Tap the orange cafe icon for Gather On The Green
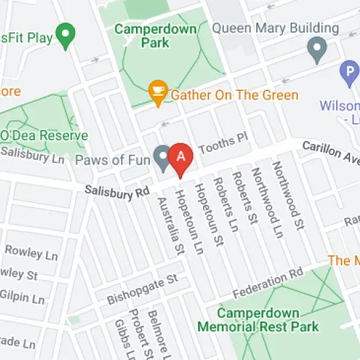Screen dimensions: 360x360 click(x=157, y=90)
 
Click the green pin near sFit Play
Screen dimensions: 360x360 click(x=66, y=33)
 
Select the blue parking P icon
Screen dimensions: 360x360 click(x=349, y=72)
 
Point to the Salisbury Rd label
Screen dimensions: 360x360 click(x=116, y=192)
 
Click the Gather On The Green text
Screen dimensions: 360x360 click(x=234, y=95)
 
